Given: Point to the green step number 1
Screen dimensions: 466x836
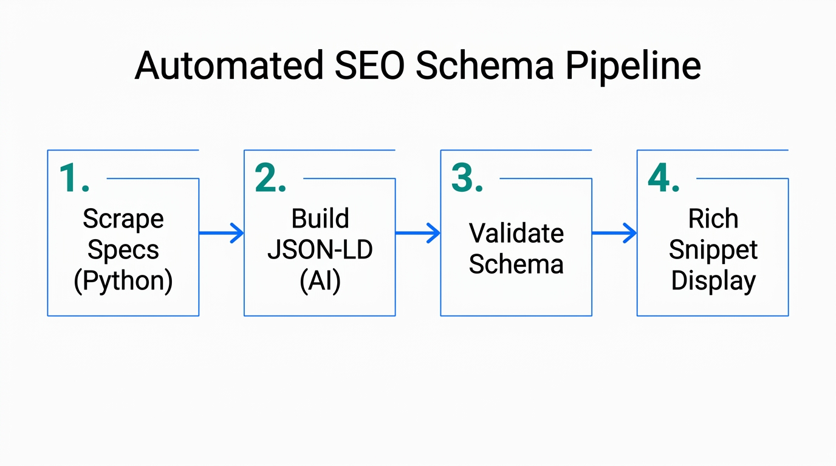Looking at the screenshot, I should [73, 178].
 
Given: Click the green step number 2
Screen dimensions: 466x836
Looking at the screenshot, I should [270, 178].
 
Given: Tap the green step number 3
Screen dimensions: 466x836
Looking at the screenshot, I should [467, 178].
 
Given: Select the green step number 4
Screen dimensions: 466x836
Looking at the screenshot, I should [663, 178].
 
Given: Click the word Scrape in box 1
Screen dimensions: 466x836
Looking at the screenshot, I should [123, 219].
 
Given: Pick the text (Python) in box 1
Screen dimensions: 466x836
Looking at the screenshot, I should [123, 282].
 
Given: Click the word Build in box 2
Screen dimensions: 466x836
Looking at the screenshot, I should [320, 219].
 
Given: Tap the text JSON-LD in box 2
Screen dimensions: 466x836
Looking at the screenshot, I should [320, 250].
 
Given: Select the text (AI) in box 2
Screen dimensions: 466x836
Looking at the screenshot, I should [320, 282].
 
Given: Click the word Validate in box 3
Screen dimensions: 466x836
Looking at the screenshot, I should [516, 234].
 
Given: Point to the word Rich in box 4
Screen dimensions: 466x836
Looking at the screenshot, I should [713, 219].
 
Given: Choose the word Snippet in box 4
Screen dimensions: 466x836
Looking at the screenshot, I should [713, 250].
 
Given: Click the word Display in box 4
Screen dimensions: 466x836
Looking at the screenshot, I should [713, 282].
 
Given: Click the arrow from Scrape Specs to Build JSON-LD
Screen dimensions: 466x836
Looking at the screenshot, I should [221, 233].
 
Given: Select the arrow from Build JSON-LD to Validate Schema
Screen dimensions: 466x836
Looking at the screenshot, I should [418, 233].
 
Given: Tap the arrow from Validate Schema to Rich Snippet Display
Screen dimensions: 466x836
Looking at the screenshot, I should [614, 233].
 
